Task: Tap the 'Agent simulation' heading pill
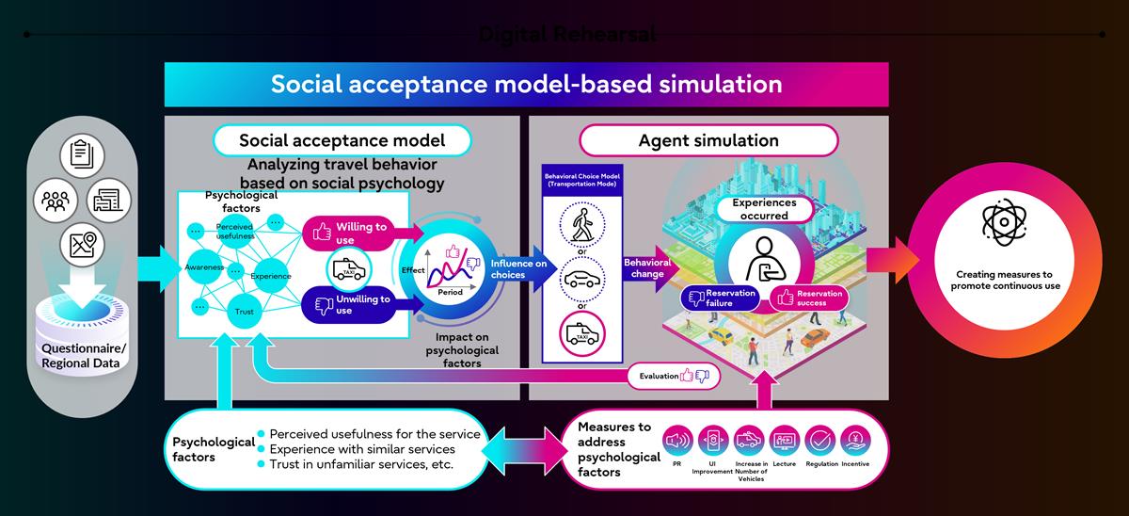(708, 141)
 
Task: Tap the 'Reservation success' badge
(809, 298)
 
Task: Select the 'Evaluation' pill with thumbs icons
(674, 376)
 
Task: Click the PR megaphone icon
(677, 440)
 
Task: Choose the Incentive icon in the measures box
(856, 440)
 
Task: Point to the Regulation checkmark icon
(819, 440)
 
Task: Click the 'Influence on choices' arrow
(514, 268)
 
